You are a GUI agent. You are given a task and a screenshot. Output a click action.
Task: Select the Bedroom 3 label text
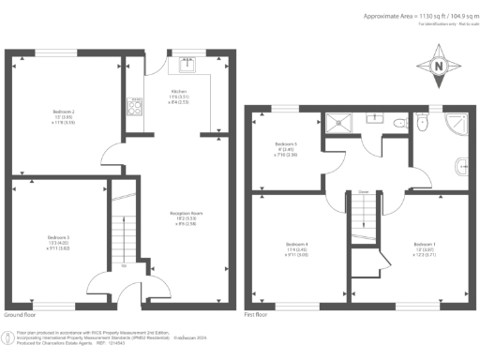pos(58,241)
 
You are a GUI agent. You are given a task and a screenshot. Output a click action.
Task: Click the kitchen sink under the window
pos(187,64)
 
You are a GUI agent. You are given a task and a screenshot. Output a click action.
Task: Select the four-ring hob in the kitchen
pos(135,106)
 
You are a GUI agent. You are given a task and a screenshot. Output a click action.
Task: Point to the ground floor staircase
pos(120,234)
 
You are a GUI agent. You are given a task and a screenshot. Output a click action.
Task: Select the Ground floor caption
pos(21,316)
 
